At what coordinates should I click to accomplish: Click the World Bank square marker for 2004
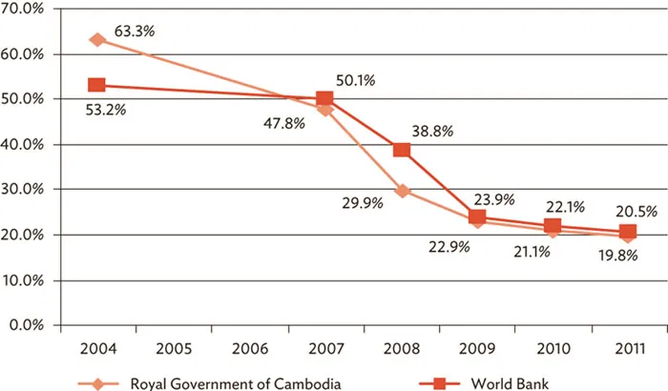97,86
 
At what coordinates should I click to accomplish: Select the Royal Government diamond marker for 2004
97,40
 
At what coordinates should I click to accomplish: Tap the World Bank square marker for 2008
402,150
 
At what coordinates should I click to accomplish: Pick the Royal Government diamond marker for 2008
402,191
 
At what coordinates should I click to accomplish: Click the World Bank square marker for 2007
324,99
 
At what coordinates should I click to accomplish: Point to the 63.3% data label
135,31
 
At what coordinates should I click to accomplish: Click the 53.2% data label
106,110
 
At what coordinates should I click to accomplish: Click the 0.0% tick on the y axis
30,325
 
